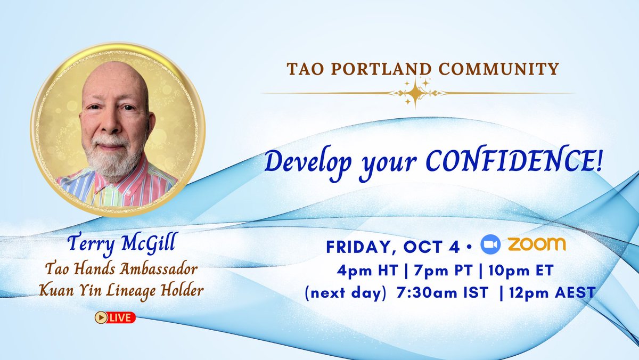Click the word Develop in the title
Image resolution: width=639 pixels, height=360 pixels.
[308, 163]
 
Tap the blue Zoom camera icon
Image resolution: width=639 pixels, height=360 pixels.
[490, 244]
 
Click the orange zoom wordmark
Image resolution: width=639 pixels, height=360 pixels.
[537, 244]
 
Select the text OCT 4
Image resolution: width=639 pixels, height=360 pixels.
[431, 247]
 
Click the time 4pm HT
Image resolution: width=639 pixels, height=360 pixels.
[367, 271]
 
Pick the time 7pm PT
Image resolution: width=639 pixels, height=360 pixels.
[443, 271]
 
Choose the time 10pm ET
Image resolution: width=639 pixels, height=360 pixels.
[521, 271]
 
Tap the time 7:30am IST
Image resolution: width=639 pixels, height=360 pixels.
[442, 293]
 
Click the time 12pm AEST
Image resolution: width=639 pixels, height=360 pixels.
[552, 293]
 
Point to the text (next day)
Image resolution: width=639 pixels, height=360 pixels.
[346, 293]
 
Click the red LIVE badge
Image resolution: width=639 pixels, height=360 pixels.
[115, 317]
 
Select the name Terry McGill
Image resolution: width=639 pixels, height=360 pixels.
[121, 243]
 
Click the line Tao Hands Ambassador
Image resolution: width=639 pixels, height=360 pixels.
[121, 269]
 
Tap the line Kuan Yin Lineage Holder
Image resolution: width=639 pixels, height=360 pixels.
[121, 291]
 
